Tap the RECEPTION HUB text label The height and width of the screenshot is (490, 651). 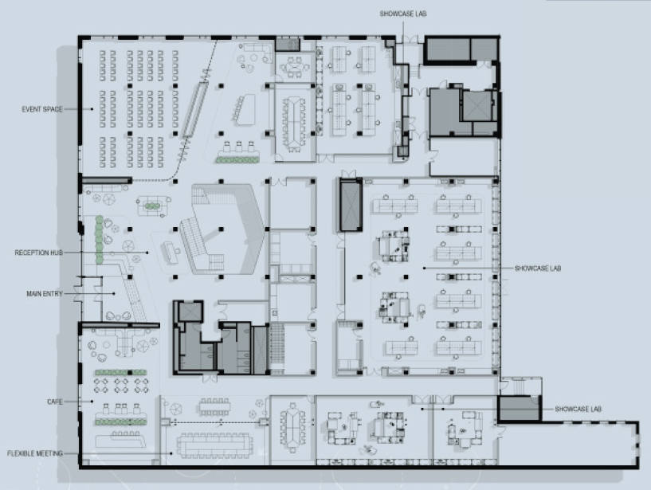[40, 253]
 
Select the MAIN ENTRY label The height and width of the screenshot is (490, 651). [44, 294]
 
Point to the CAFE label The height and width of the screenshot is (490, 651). [54, 402]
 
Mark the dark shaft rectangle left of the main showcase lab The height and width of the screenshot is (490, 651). [349, 205]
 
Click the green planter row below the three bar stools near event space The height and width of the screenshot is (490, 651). [239, 160]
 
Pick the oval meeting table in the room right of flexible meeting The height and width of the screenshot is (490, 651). [292, 421]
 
